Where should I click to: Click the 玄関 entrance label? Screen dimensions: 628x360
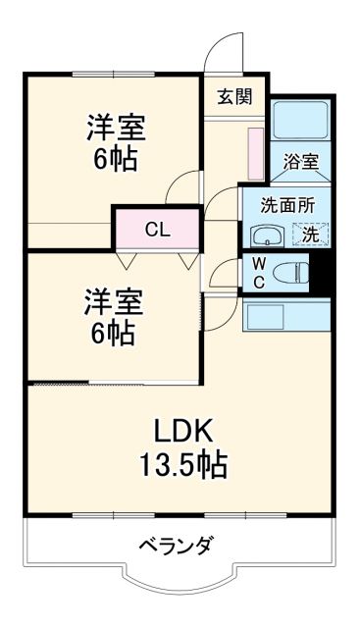point(234,96)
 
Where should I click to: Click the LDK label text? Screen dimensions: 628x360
point(183,431)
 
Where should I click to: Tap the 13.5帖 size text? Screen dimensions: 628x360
point(183,463)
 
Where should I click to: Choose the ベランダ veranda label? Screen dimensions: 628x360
point(176,547)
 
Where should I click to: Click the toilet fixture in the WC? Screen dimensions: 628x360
point(290,271)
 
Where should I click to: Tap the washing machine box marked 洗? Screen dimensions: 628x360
point(311,235)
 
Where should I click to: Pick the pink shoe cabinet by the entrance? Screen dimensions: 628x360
point(255,153)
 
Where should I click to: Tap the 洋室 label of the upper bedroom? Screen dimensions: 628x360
point(115,129)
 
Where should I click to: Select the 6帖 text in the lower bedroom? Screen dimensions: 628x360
point(115,333)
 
